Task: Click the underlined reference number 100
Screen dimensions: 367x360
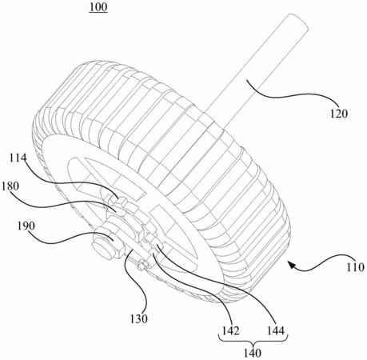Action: (x=98, y=7)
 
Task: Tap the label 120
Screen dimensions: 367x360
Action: (x=339, y=114)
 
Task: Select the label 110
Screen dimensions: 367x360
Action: (x=355, y=267)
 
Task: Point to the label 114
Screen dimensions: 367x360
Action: (x=18, y=158)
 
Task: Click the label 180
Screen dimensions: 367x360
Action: (x=10, y=186)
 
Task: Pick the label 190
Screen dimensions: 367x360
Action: (x=26, y=226)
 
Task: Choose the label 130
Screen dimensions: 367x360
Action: (x=138, y=318)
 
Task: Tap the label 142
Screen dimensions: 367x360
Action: (x=231, y=331)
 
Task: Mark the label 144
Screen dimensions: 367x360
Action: (x=276, y=331)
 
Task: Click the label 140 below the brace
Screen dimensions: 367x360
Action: (x=253, y=354)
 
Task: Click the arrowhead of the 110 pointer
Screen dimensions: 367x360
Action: (x=291, y=265)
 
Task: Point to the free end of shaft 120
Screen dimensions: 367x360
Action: (x=299, y=21)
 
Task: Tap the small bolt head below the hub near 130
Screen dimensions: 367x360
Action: (x=142, y=266)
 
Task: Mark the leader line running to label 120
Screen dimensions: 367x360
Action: (x=290, y=95)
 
